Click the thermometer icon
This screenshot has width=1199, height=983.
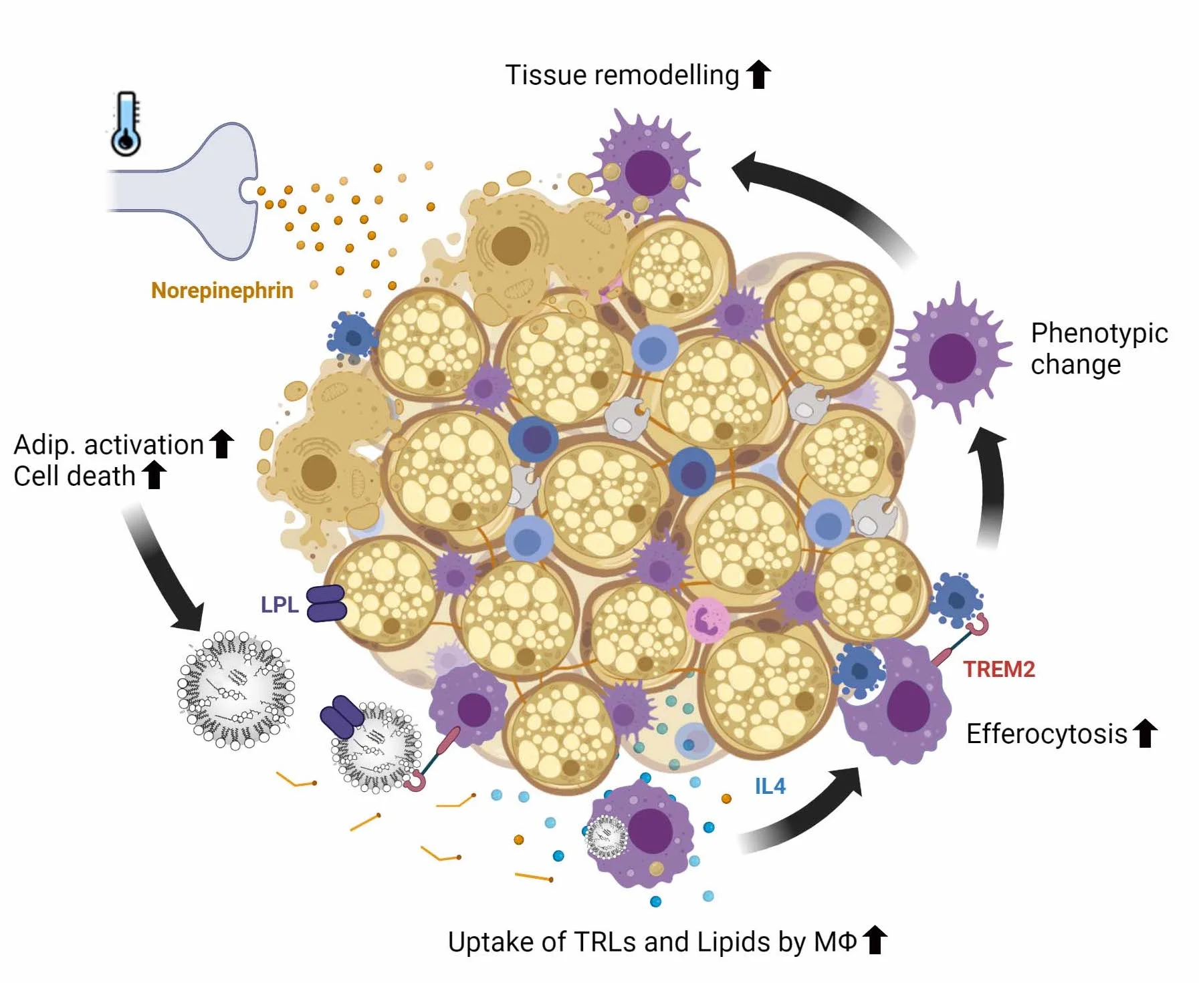(126, 124)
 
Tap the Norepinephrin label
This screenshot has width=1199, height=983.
(222, 291)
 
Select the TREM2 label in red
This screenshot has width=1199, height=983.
(998, 669)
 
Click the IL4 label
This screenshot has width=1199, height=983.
(770, 786)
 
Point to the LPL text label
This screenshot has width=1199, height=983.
(279, 605)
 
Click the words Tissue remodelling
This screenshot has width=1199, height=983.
(621, 75)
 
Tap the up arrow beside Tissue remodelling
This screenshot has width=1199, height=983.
(758, 74)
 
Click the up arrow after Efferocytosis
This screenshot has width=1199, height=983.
(1145, 733)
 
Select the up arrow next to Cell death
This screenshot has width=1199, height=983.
(154, 475)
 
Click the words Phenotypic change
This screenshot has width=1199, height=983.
(1099, 348)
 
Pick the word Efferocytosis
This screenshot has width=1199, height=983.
(1046, 734)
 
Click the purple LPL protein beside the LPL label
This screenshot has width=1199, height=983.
(326, 603)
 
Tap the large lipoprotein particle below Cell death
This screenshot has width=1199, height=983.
(235, 690)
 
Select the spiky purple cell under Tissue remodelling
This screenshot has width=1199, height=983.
(646, 169)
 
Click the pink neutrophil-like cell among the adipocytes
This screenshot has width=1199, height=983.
(707, 619)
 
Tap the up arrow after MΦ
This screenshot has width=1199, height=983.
(875, 940)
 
